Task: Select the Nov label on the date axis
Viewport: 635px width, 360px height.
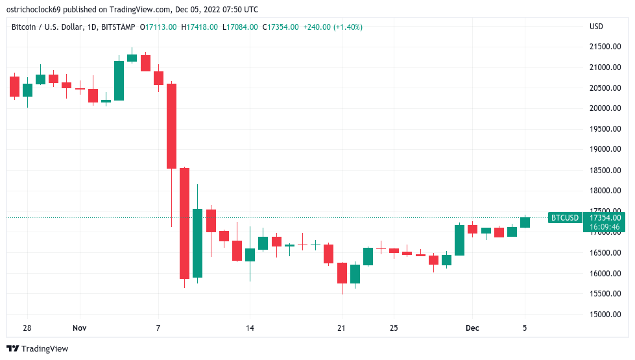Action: coord(79,328)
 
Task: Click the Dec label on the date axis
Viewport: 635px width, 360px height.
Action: coord(472,328)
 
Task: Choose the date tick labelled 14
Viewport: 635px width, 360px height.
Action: coord(249,328)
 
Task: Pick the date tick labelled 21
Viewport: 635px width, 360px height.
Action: coord(342,328)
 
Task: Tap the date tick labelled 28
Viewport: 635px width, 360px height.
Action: coord(27,328)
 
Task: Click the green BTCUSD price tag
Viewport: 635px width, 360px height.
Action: coord(564,218)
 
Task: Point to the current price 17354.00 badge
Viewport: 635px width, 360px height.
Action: coord(605,218)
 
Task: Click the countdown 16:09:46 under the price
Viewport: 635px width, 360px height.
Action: coord(605,227)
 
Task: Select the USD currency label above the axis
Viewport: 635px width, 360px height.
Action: coord(596,27)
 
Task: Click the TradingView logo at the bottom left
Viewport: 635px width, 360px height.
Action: coord(37,349)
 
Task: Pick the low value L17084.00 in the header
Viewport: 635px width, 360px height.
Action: coord(240,27)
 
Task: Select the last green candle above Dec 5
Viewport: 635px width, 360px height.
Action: coord(525,222)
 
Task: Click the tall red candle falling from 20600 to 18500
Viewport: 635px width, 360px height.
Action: coord(171,126)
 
